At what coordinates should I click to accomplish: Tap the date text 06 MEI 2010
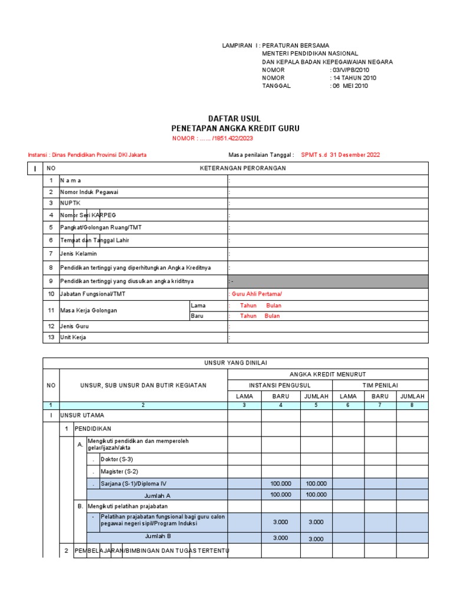click(x=350, y=86)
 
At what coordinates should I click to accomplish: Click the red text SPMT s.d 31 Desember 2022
click(x=340, y=155)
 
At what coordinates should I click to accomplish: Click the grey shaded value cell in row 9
click(x=327, y=281)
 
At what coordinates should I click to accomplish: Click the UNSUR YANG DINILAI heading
click(x=235, y=363)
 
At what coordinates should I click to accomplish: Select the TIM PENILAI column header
click(x=380, y=385)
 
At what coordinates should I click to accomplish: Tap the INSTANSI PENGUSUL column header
click(x=280, y=385)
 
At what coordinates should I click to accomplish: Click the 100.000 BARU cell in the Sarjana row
click(x=280, y=484)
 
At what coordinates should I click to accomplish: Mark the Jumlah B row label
click(x=157, y=537)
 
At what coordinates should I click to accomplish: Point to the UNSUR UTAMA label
click(x=82, y=415)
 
